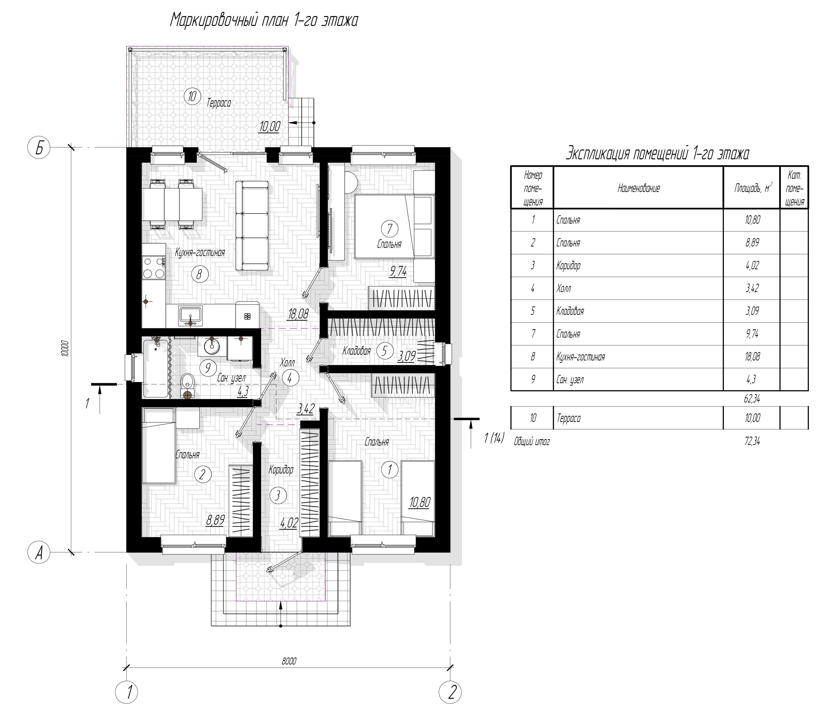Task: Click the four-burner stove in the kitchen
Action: (x=154, y=268)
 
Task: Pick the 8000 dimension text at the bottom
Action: (x=289, y=661)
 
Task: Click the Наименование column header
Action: (x=639, y=188)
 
